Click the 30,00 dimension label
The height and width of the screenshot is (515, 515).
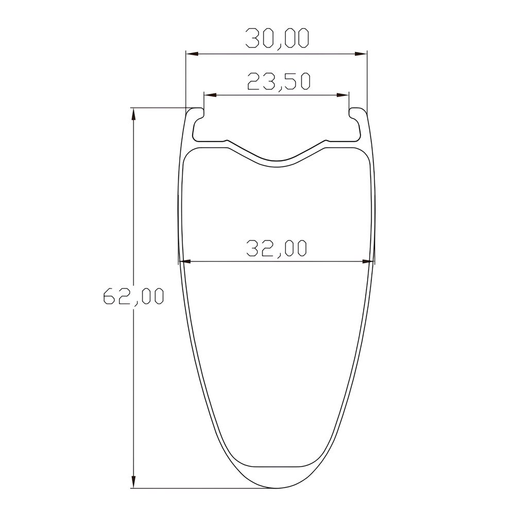(x=278, y=39)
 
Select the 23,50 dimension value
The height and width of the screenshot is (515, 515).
(x=279, y=81)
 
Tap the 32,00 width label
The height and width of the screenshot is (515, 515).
(x=276, y=248)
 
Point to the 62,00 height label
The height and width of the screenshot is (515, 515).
(x=133, y=296)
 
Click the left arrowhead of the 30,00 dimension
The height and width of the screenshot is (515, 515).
(x=192, y=54)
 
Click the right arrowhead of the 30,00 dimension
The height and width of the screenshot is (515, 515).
(x=360, y=54)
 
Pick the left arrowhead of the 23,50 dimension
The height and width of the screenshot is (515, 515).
(x=210, y=95)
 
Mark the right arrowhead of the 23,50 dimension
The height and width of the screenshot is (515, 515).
(x=342, y=95)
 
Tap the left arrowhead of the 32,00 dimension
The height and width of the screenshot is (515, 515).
(x=186, y=262)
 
